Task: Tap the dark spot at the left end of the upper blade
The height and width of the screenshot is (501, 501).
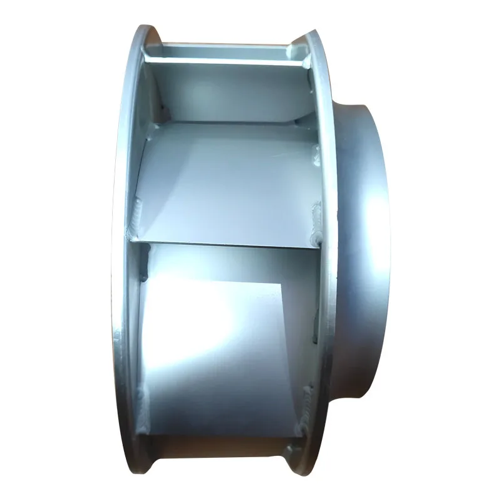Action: coord(164,113)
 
